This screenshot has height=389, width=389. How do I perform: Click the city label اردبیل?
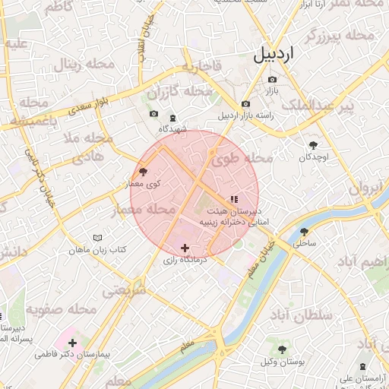pyautogui.click(x=273, y=55)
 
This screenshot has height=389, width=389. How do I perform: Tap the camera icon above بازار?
pyautogui.click(x=272, y=79)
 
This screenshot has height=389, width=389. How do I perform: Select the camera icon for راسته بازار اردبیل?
pyautogui.click(x=245, y=104)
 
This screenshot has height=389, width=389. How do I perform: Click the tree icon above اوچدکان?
pyautogui.click(x=312, y=144)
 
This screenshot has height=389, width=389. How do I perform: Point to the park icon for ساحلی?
pyautogui.click(x=304, y=232)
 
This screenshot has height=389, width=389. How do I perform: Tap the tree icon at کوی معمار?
pyautogui.click(x=144, y=172)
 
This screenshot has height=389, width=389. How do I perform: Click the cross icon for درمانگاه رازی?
pyautogui.click(x=185, y=248)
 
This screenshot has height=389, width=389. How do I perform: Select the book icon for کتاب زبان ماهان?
pyautogui.click(x=96, y=238)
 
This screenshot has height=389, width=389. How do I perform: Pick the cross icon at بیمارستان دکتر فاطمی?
pyautogui.click(x=72, y=343)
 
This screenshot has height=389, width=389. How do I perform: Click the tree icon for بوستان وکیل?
pyautogui.click(x=282, y=349)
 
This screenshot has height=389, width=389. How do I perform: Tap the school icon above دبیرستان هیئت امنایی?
pyautogui.click(x=233, y=199)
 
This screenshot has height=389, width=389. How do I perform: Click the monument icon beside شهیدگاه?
pyautogui.click(x=172, y=117)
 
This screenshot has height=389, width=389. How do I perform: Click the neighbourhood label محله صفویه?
pyautogui.click(x=61, y=309)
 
